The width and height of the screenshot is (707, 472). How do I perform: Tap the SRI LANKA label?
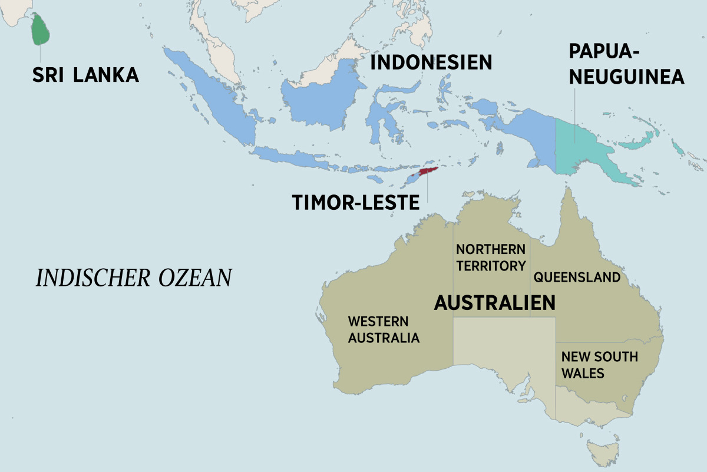[x=85, y=75]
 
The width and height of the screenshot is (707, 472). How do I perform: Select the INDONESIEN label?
[x=431, y=62]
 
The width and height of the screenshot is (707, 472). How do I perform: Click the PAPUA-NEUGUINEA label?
[x=626, y=64]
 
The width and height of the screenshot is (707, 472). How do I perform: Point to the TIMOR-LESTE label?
[x=356, y=202]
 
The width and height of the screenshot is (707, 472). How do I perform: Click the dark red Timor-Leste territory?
[x=428, y=173]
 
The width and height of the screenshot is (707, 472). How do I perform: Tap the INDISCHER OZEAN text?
[x=134, y=278]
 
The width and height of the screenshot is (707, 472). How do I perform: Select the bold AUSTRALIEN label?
[x=495, y=303]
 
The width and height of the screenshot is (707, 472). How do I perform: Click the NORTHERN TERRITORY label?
[x=491, y=258]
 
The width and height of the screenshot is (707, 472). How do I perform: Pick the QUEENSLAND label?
[x=577, y=277]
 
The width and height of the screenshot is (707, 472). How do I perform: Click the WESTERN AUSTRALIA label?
[x=384, y=330]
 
